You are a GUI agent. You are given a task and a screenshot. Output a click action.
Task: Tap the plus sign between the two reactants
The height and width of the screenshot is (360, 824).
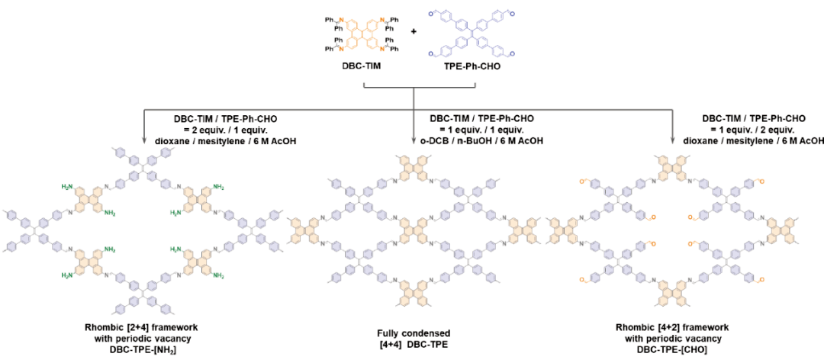[x=414, y=32]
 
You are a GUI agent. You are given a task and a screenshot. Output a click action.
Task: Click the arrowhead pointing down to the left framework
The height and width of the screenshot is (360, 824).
[x=144, y=140]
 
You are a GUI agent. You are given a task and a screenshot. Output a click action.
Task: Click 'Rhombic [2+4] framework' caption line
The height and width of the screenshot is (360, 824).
[x=147, y=326]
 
